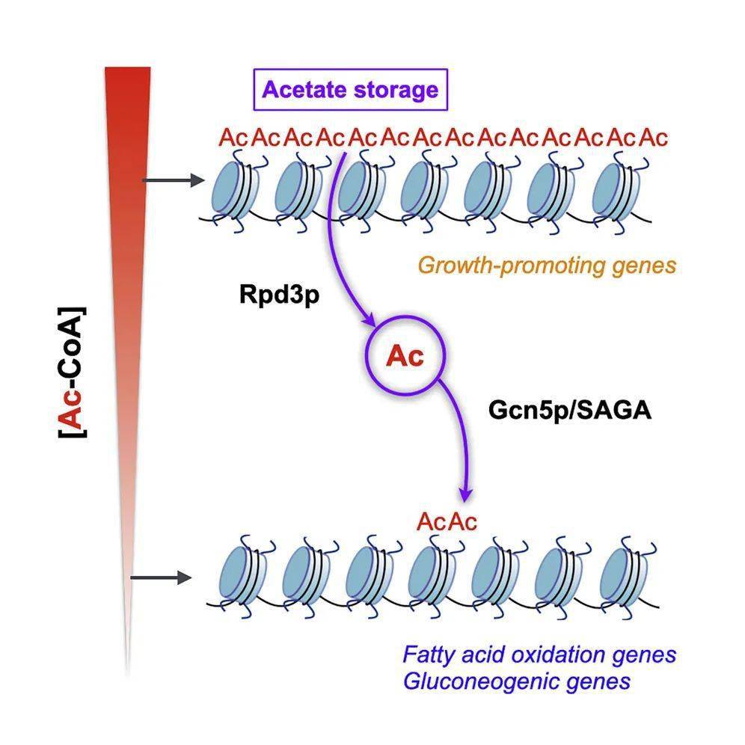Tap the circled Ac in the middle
coord(405,356)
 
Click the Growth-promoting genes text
coord(547,264)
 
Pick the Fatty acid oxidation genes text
coord(539,654)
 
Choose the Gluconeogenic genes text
coord(516,681)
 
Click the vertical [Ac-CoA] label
coord(73,370)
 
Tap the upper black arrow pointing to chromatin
coord(172,180)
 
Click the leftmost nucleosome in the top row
coord(235,190)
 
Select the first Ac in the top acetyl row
coord(232,138)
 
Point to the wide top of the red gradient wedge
coord(127,75)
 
